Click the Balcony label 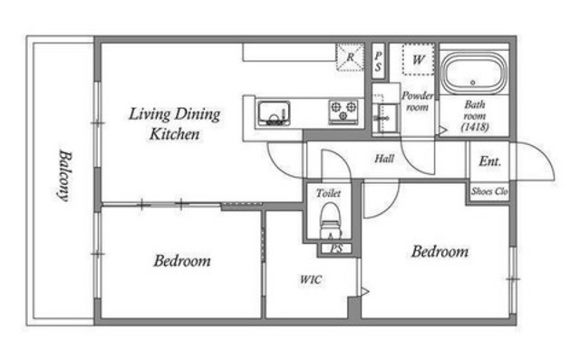point(65,175)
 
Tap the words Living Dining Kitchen point(174,124)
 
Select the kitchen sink point(274,112)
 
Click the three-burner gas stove point(343,111)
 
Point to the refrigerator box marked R point(350,57)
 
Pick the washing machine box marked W point(419,60)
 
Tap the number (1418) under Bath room point(475,127)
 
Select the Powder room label point(417,102)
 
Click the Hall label point(384,159)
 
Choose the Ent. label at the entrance point(489,161)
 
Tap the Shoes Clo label point(489,191)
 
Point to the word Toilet point(328,193)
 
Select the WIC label point(311,279)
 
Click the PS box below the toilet point(336,248)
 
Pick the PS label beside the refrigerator point(378,61)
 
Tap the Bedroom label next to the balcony point(182,261)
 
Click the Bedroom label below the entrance point(440,251)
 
